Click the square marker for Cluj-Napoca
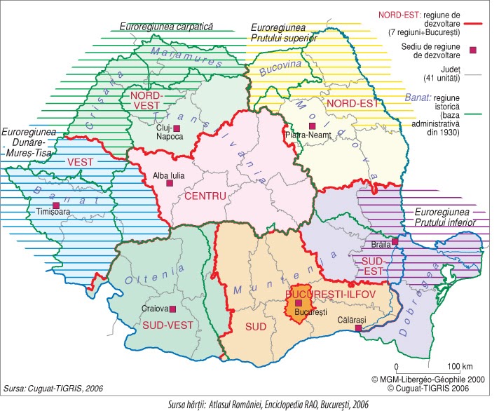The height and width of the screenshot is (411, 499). (177, 128)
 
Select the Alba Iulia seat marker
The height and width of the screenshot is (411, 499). (169, 183)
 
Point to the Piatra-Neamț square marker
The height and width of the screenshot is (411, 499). (303, 126)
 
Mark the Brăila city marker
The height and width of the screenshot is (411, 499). (395, 241)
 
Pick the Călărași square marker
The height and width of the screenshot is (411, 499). (358, 328)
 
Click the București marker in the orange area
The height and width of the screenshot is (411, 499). (299, 303)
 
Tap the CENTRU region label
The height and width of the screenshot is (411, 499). (205, 196)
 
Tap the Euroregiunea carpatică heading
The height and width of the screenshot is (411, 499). (166, 26)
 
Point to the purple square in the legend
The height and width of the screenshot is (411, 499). (473, 50)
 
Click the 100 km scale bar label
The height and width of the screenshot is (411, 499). (459, 366)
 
